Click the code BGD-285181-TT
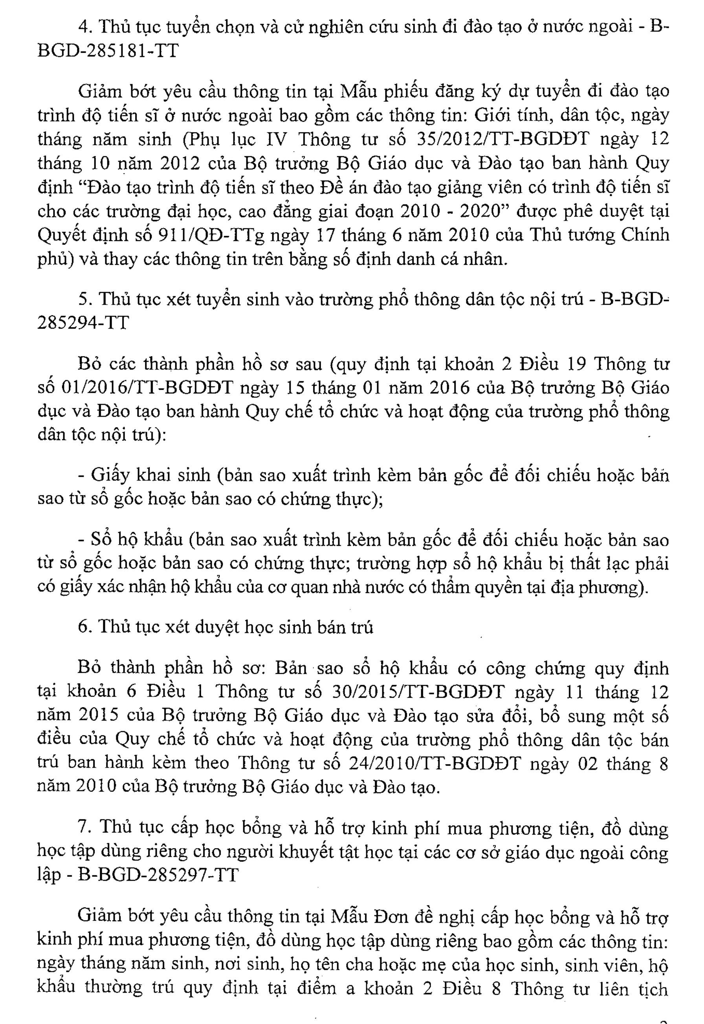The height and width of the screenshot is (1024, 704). pos(108,51)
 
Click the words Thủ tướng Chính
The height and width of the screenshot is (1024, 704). pos(599,234)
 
